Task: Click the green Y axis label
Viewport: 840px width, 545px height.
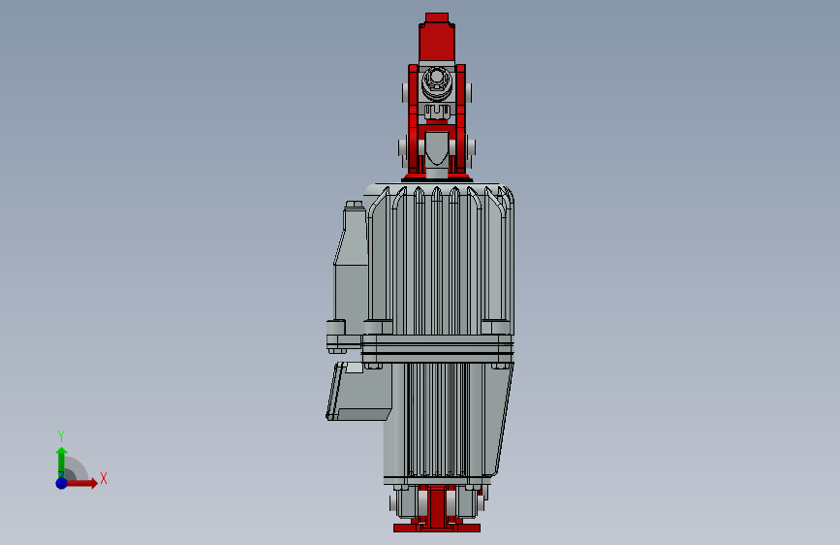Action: (x=61, y=435)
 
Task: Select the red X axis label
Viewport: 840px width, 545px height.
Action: (x=103, y=478)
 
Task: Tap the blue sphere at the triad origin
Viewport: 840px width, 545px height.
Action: (x=61, y=482)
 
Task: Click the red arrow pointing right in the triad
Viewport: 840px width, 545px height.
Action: (x=86, y=482)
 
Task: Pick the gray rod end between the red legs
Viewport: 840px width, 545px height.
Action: (x=437, y=148)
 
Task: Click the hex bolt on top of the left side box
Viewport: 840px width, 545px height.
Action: (x=354, y=206)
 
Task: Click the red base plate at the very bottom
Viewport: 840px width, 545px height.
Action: (x=436, y=528)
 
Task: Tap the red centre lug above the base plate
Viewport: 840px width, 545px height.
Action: (x=437, y=504)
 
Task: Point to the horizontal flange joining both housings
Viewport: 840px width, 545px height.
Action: (x=436, y=348)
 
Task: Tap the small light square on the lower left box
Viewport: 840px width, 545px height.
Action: (x=355, y=368)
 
